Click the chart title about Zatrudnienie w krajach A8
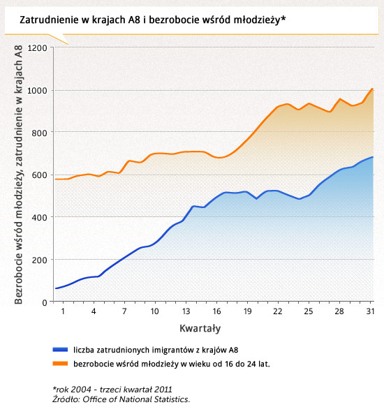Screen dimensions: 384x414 coord(153,20)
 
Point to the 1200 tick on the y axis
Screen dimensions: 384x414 coord(37,48)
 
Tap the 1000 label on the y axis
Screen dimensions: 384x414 coord(37,91)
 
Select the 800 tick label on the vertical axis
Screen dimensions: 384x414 coord(39,133)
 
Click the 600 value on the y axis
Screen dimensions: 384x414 coord(39,175)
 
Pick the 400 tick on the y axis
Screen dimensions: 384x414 coord(39,217)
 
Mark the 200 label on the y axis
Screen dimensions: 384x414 coord(39,260)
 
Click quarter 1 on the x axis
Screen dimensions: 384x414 coord(63,311)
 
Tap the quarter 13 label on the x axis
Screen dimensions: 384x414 coord(186,311)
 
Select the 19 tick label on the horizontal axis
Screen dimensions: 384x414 coord(247,311)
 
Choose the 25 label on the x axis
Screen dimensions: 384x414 coord(309,311)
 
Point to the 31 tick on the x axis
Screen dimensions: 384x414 coord(370,311)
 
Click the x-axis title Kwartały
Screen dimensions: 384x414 coord(200,328)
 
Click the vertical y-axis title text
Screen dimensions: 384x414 coord(18,175)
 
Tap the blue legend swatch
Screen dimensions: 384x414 coord(60,350)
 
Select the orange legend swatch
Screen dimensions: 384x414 coord(60,364)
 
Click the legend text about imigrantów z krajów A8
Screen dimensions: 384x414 coord(156,350)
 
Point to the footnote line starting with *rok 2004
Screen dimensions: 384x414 coord(112,389)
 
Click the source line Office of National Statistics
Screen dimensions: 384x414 coord(121,399)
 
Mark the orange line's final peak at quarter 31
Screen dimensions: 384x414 coord(372,89)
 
